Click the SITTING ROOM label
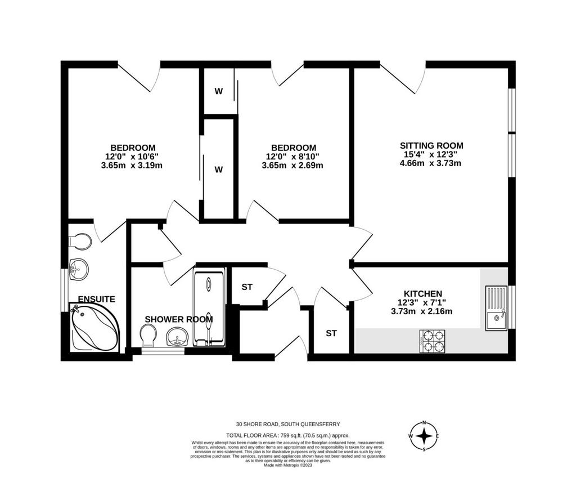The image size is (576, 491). click(431, 145)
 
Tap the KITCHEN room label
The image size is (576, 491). click(423, 294)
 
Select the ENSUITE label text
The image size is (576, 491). click(97, 300)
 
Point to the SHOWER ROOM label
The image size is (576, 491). click(179, 319)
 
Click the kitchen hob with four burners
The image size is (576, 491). click(433, 341)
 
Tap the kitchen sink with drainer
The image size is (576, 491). click(496, 308)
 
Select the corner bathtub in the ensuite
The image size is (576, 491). click(94, 327)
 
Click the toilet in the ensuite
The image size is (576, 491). click(80, 241)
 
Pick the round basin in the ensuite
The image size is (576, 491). click(79, 270)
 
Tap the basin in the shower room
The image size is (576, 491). click(178, 337)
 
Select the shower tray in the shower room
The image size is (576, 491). click(209, 309)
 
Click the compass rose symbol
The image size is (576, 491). click(424, 436)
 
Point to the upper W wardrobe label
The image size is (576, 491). click(219, 91)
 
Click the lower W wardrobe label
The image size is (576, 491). click(219, 169)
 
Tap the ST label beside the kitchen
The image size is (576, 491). click(331, 333)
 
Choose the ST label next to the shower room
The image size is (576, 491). click(247, 287)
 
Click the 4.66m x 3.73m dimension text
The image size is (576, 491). click(430, 163)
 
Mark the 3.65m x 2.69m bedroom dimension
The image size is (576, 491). click(292, 165)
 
